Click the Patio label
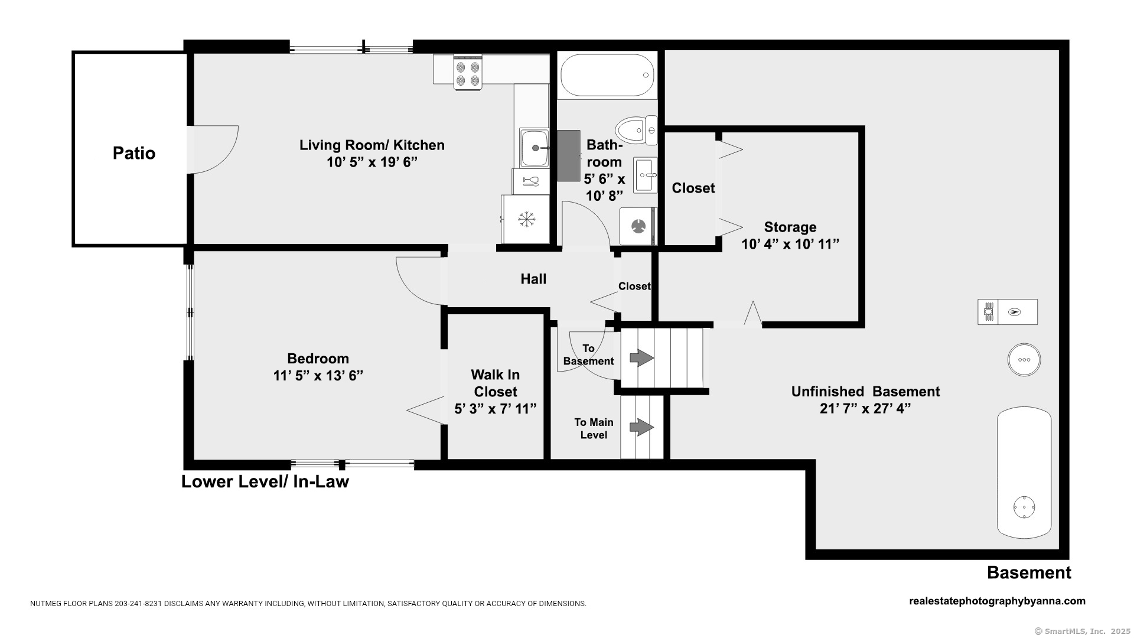pyautogui.click(x=134, y=153)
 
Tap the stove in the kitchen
pyautogui.click(x=468, y=72)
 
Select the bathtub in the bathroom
pyautogui.click(x=607, y=75)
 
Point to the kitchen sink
pyautogui.click(x=535, y=148)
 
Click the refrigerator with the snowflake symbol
pyautogui.click(x=525, y=219)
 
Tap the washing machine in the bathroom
pyautogui.click(x=638, y=226)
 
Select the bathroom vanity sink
pyautogui.click(x=646, y=175)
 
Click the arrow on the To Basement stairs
pyautogui.click(x=642, y=358)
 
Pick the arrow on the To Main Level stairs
pyautogui.click(x=642, y=427)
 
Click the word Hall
pyautogui.click(x=533, y=279)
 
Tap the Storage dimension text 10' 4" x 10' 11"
pyautogui.click(x=790, y=244)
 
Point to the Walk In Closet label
pyautogui.click(x=495, y=383)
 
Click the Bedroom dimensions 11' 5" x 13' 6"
pyautogui.click(x=318, y=376)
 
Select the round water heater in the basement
pyautogui.click(x=1024, y=360)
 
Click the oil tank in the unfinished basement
pyautogui.click(x=1024, y=473)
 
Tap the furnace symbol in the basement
pyautogui.click(x=1008, y=312)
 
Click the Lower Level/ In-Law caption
pyautogui.click(x=265, y=481)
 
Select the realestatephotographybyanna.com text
pyautogui.click(x=997, y=601)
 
